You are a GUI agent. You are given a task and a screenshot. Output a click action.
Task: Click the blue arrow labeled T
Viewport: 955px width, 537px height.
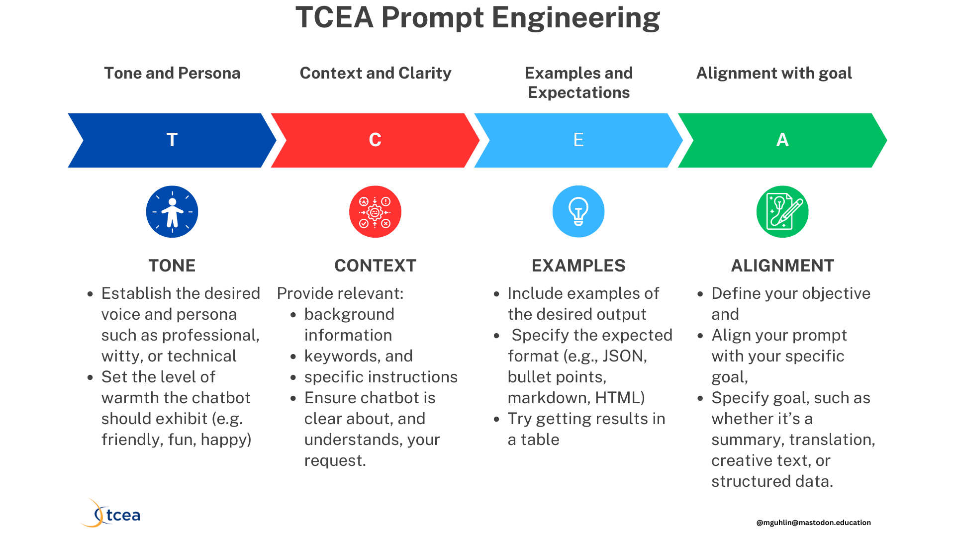coord(172,140)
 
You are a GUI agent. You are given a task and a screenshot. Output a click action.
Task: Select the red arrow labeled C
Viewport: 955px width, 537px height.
coord(375,140)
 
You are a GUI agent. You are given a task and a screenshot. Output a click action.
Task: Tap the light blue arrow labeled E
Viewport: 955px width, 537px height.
coord(578,140)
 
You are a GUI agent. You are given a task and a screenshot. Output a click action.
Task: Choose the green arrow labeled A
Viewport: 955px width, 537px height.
coord(782,140)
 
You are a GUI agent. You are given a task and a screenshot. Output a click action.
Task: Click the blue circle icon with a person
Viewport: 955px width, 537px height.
coord(172,212)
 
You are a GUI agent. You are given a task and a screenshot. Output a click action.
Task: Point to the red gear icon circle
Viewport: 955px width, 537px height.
coord(375,212)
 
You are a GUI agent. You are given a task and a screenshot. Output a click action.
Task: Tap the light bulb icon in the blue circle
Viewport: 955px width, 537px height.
coord(578,212)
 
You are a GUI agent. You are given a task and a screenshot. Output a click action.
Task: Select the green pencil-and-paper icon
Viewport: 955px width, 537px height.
coord(782,212)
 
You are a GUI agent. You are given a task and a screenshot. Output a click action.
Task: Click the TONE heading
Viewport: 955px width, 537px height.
coord(172,266)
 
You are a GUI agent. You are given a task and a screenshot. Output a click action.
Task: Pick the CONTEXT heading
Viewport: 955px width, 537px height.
coord(375,266)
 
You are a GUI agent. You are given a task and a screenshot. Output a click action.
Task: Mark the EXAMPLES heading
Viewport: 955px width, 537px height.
coord(578,266)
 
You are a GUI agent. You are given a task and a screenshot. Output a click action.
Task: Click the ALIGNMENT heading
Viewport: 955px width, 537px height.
coord(782,266)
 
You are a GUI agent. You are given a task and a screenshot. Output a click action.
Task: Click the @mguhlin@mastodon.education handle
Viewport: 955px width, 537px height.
coord(813,523)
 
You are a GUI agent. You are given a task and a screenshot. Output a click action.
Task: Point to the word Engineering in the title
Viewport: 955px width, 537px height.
coord(575,18)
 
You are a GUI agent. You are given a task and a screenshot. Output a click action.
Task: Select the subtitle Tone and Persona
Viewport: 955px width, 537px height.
coord(172,73)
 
